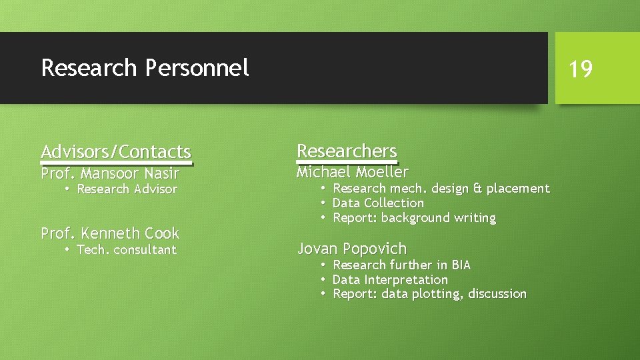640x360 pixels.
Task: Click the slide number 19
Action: (x=581, y=69)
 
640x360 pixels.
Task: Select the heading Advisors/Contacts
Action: (x=116, y=152)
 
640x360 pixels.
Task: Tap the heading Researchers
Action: (x=347, y=151)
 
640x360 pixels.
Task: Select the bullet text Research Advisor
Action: (x=127, y=189)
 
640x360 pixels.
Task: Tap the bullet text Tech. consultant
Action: (x=127, y=250)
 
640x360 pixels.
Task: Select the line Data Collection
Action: (x=378, y=203)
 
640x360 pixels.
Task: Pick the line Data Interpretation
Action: (x=390, y=280)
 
